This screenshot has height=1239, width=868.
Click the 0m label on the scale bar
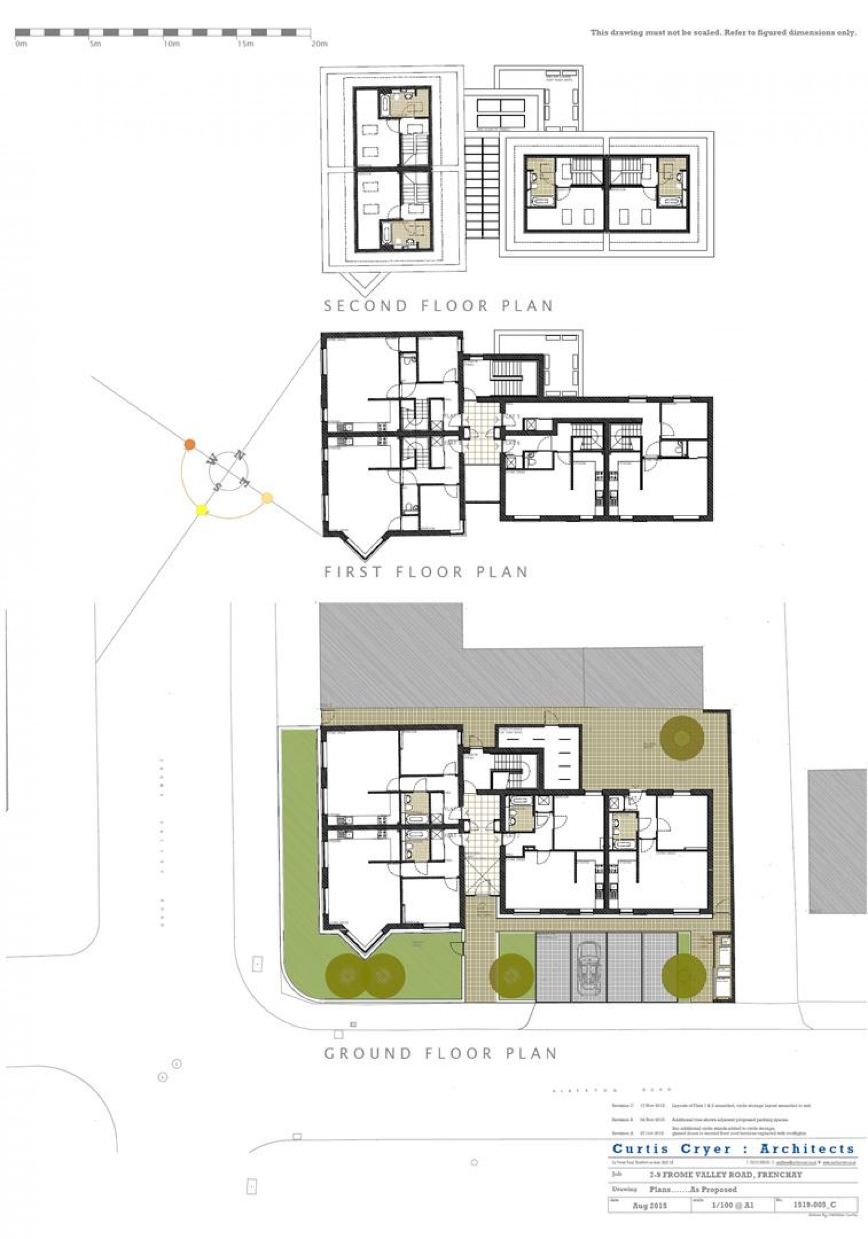pyautogui.click(x=21, y=44)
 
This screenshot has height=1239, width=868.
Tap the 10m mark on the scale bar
pyautogui.click(x=171, y=44)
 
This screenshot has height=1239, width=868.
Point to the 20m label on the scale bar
pyautogui.click(x=319, y=44)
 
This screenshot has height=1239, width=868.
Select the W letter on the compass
pyautogui.click(x=213, y=460)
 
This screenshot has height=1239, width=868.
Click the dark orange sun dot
pyautogui.click(x=190, y=445)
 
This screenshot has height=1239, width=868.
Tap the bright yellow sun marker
pyautogui.click(x=202, y=509)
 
